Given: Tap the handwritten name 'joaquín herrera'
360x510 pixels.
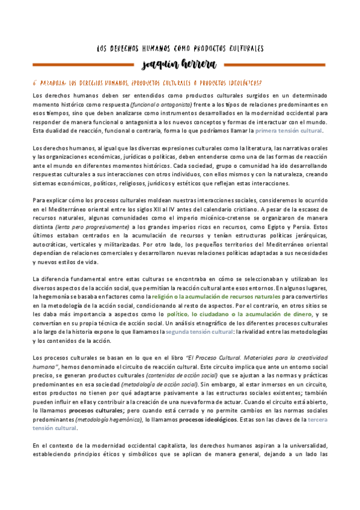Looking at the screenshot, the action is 180,64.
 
